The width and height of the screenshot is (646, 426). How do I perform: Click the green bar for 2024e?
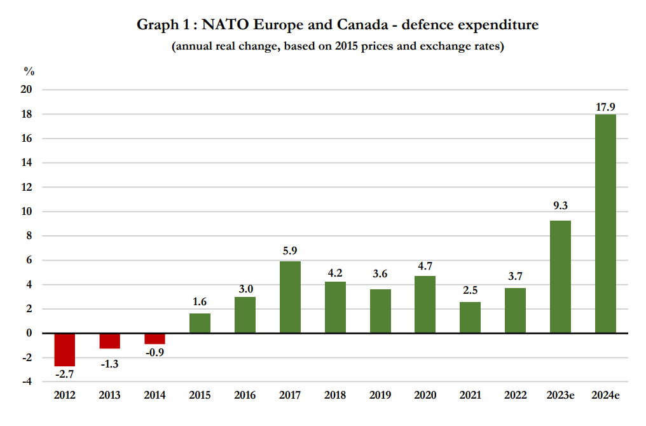click(605, 223)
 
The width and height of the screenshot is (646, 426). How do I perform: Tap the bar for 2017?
click(290, 297)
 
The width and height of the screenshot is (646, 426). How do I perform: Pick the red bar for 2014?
click(155, 338)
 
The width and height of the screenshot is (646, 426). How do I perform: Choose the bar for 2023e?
click(560, 277)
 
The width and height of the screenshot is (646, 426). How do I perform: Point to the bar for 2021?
click(470, 317)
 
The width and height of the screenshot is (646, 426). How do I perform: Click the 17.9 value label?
click(605, 107)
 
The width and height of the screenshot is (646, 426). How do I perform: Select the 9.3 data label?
click(560, 206)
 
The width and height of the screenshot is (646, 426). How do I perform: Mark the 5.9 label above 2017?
click(290, 251)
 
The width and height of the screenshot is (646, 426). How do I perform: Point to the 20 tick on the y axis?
click(27, 90)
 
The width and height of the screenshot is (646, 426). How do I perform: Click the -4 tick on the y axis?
click(27, 381)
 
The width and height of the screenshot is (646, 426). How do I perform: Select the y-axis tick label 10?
click(27, 211)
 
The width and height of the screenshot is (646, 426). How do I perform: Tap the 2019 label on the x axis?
click(380, 395)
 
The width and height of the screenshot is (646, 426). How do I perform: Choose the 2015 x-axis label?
click(200, 395)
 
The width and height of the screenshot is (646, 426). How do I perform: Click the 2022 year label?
click(515, 395)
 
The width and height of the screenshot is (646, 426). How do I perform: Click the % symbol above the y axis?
click(28, 71)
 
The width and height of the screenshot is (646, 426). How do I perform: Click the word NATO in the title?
click(228, 25)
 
